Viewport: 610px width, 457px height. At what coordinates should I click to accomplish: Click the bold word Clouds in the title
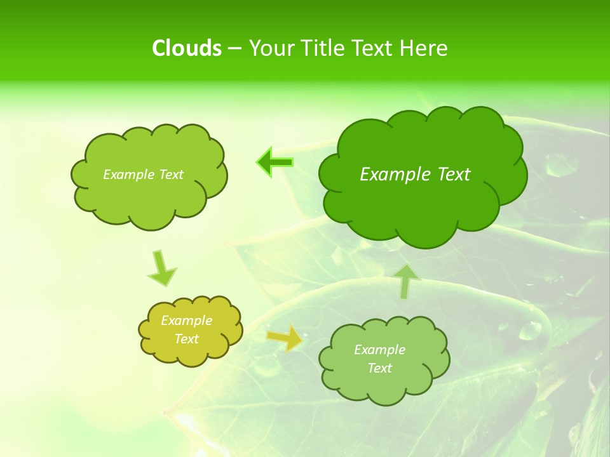pos(186,48)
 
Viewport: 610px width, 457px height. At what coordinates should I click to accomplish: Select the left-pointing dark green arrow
pos(274,162)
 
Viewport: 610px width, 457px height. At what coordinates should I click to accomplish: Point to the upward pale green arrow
pos(407,281)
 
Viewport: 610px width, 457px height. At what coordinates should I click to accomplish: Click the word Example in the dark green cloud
pos(392,175)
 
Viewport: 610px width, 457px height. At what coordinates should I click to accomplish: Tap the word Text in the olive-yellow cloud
pos(187,339)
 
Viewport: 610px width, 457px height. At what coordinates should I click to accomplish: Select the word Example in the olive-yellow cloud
pos(187,321)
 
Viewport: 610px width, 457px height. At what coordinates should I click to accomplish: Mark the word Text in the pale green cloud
pos(380,368)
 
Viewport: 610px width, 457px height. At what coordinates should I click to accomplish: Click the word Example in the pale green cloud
pos(380,350)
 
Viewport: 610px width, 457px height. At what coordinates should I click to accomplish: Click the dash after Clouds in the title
pos(234,49)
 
